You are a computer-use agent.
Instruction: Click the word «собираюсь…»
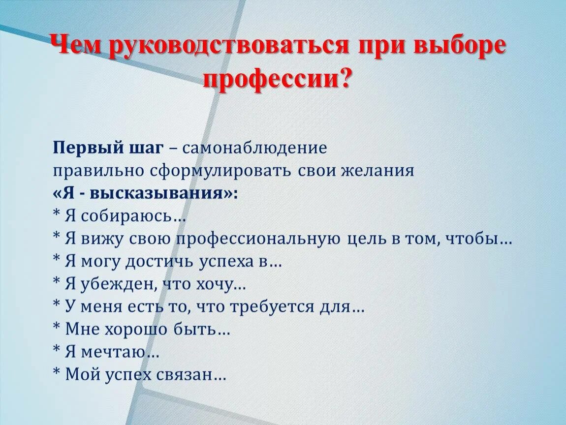(132, 216)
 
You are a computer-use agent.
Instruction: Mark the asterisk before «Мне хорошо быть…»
(57, 327)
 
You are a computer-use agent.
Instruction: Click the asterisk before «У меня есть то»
(57, 304)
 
